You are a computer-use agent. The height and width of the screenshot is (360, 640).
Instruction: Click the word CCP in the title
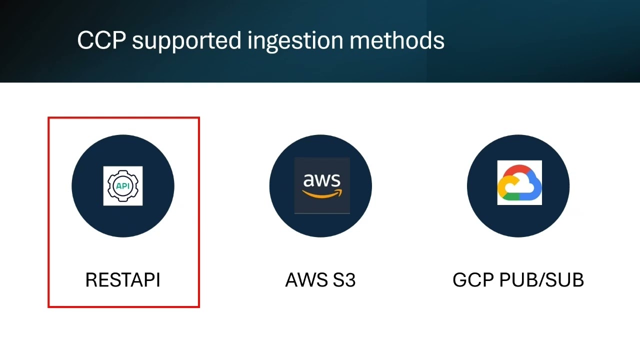pyautogui.click(x=101, y=40)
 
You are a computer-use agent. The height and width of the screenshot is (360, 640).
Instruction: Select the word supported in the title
pyautogui.click(x=187, y=41)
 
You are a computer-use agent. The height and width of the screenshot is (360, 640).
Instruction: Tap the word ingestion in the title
pyautogui.click(x=295, y=41)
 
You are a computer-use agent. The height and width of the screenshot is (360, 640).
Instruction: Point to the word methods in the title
pyautogui.click(x=397, y=40)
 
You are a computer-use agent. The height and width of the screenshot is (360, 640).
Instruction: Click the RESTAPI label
pyautogui.click(x=123, y=279)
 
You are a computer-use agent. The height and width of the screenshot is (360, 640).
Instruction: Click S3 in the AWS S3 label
pyautogui.click(x=344, y=279)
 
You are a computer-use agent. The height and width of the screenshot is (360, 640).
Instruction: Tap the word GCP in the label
pyautogui.click(x=473, y=279)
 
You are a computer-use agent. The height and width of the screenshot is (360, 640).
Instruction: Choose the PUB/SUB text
pyautogui.click(x=541, y=279)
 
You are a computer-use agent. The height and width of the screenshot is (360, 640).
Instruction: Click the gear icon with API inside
pyautogui.click(x=123, y=186)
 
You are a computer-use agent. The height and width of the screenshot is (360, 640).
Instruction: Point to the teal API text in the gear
pyautogui.click(x=123, y=186)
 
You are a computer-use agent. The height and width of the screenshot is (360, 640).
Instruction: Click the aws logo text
pyautogui.click(x=321, y=180)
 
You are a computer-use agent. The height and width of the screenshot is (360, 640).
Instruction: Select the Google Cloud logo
pyautogui.click(x=519, y=182)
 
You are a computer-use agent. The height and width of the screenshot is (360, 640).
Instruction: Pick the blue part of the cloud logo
pyautogui.click(x=534, y=185)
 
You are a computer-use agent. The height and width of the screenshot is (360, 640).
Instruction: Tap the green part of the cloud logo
pyautogui.click(x=511, y=196)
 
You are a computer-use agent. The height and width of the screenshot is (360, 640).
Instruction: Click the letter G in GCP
pyautogui.click(x=459, y=279)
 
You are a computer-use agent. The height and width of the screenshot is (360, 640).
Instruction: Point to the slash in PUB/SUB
pyautogui.click(x=541, y=279)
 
